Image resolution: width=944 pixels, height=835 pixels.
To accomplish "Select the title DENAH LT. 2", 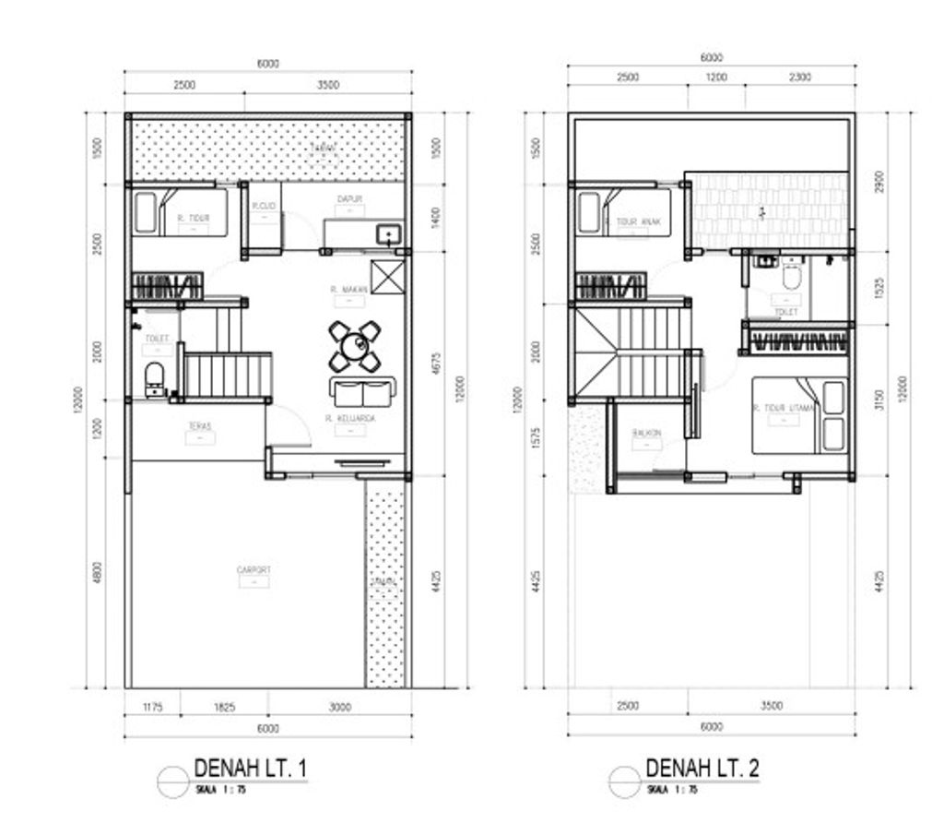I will pos(702,768).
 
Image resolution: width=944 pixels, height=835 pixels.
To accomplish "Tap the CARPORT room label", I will pos(254,570).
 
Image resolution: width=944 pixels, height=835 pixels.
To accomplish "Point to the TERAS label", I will pos(200,426).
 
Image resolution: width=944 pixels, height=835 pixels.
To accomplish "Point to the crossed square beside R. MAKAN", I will pos(384,277).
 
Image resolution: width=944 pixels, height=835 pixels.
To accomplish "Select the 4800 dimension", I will pos(98,572).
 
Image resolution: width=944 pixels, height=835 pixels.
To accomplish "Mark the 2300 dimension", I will pos(799,78).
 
